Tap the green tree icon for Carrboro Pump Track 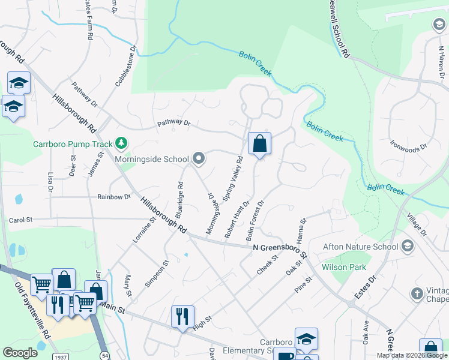tap(122, 143)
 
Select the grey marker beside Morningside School tap(199, 159)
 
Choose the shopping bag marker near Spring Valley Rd tap(259, 144)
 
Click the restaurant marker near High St tap(183, 316)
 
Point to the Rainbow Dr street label tap(114, 197)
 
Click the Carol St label tap(21, 220)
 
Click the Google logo tap(20, 353)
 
